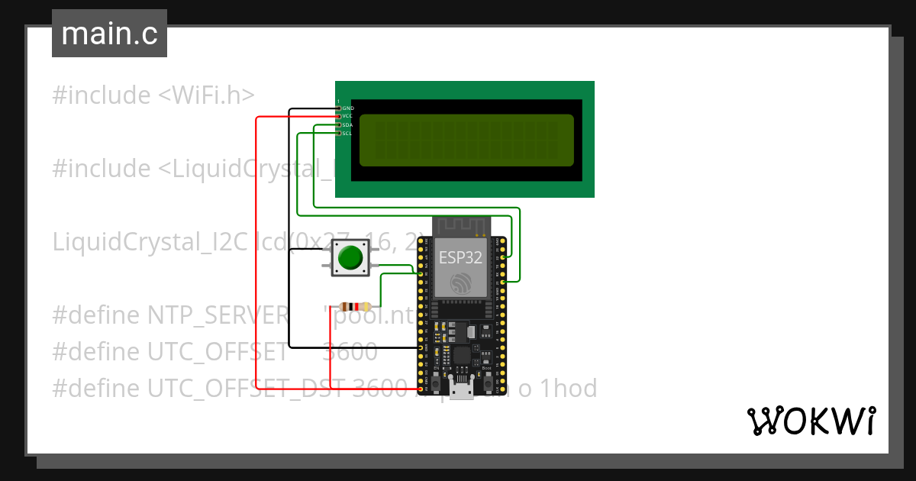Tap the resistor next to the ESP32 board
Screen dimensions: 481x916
point(350,305)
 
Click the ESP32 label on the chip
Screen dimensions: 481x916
point(460,257)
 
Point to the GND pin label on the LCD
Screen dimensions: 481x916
point(348,108)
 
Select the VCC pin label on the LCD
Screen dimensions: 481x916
point(347,116)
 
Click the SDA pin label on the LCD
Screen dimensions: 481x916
point(347,124)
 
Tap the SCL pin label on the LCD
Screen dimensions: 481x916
point(347,133)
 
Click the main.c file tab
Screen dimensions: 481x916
point(109,34)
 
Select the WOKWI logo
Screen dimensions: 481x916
point(811,421)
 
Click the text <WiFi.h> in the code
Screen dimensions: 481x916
point(206,95)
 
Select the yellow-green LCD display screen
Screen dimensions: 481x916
point(466,140)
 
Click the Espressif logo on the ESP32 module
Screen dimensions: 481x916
point(460,284)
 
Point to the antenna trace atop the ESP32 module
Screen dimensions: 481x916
point(460,226)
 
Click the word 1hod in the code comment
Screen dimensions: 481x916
point(568,389)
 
